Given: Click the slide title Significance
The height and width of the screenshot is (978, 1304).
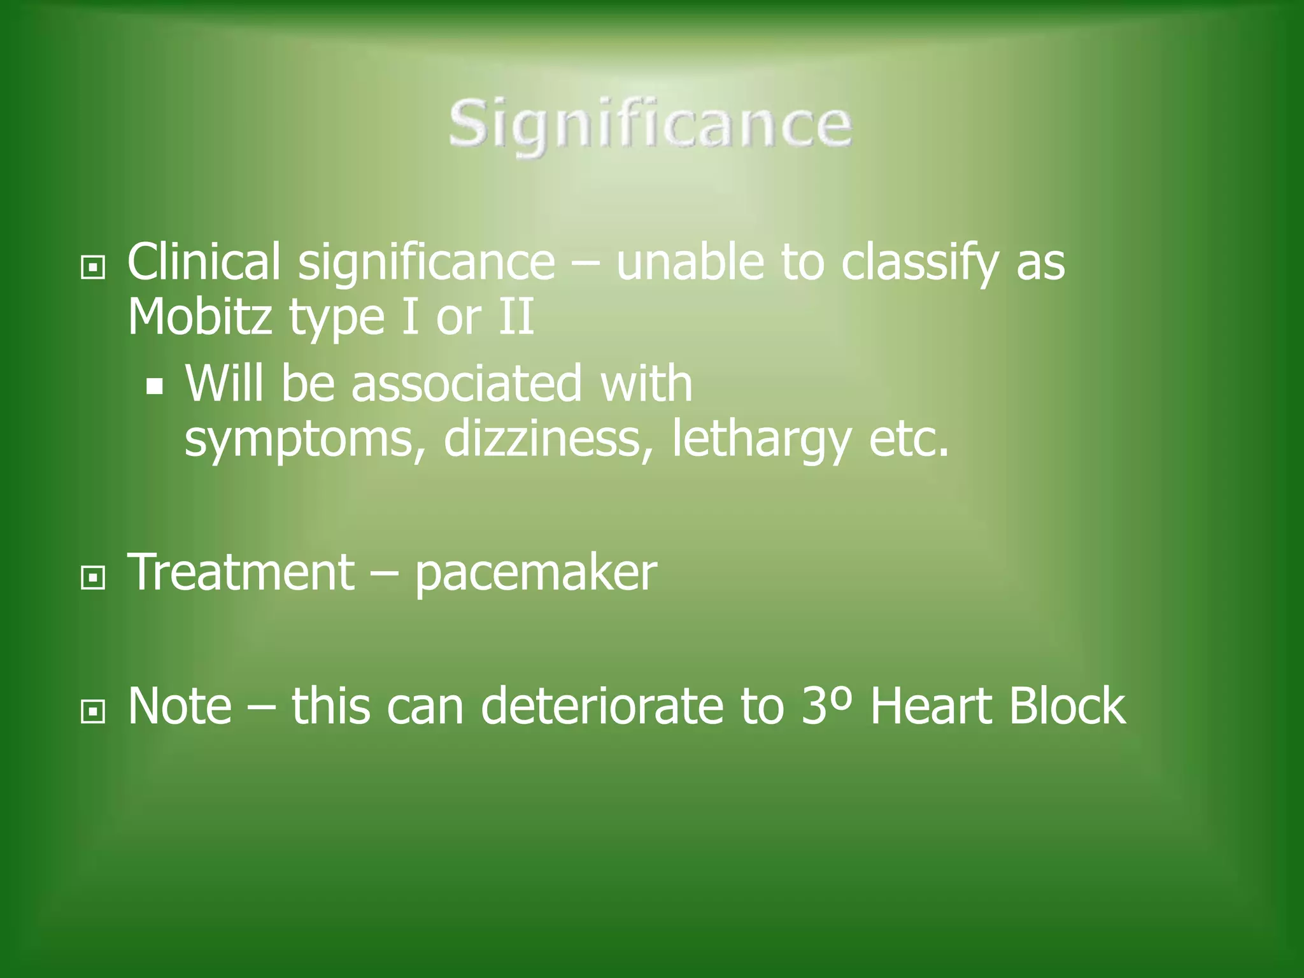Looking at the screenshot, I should [x=650, y=124].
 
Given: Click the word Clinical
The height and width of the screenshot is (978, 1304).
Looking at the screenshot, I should [x=204, y=262].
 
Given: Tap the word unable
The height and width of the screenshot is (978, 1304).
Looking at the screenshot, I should [x=690, y=262].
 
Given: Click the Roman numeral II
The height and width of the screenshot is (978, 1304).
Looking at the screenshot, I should [x=516, y=316].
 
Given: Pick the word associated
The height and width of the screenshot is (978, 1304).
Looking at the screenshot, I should [x=467, y=383].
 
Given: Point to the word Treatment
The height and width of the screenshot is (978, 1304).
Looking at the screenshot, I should [x=241, y=572].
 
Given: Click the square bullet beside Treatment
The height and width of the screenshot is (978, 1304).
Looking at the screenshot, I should [x=93, y=578].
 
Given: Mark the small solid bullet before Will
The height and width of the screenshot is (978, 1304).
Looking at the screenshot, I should [x=155, y=386].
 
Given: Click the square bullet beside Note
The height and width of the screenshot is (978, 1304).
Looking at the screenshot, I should [x=93, y=712].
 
